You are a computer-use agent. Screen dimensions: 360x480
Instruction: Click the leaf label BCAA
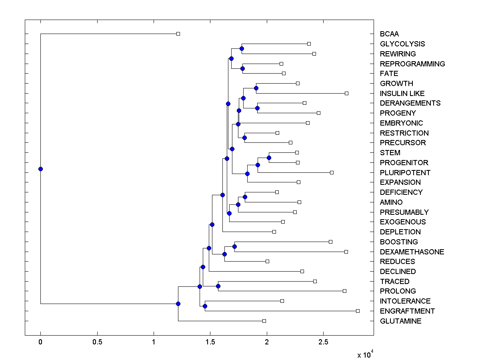click(x=389, y=34)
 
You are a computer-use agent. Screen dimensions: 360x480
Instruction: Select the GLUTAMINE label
click(x=400, y=321)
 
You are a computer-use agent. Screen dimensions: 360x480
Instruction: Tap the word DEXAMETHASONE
click(x=412, y=252)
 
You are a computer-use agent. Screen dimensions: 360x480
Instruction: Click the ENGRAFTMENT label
click(x=407, y=311)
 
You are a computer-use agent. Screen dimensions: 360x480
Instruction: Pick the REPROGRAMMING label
click(x=412, y=64)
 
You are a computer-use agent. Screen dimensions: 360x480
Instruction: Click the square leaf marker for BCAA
click(x=178, y=34)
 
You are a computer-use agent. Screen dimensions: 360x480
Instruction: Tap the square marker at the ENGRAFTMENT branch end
click(x=358, y=311)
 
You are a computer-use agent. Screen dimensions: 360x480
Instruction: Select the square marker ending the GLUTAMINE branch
click(x=264, y=321)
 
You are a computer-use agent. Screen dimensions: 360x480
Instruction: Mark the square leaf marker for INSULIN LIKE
click(x=346, y=93)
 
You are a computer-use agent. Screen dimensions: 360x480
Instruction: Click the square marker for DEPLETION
click(x=274, y=232)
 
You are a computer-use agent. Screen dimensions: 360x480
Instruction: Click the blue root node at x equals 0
click(x=40, y=169)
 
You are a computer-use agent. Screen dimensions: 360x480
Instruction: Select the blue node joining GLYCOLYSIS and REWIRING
click(x=242, y=49)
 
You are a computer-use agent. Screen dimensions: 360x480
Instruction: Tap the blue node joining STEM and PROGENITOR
click(x=269, y=158)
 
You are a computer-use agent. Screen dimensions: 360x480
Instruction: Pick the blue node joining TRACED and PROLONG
click(x=218, y=286)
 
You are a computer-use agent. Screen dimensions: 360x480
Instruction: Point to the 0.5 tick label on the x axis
click(x=97, y=342)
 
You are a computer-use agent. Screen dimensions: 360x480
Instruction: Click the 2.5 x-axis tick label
click(x=323, y=342)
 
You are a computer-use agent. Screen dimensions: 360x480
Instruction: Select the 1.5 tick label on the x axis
click(x=210, y=342)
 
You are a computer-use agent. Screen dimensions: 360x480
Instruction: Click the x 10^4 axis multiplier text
click(x=365, y=354)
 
